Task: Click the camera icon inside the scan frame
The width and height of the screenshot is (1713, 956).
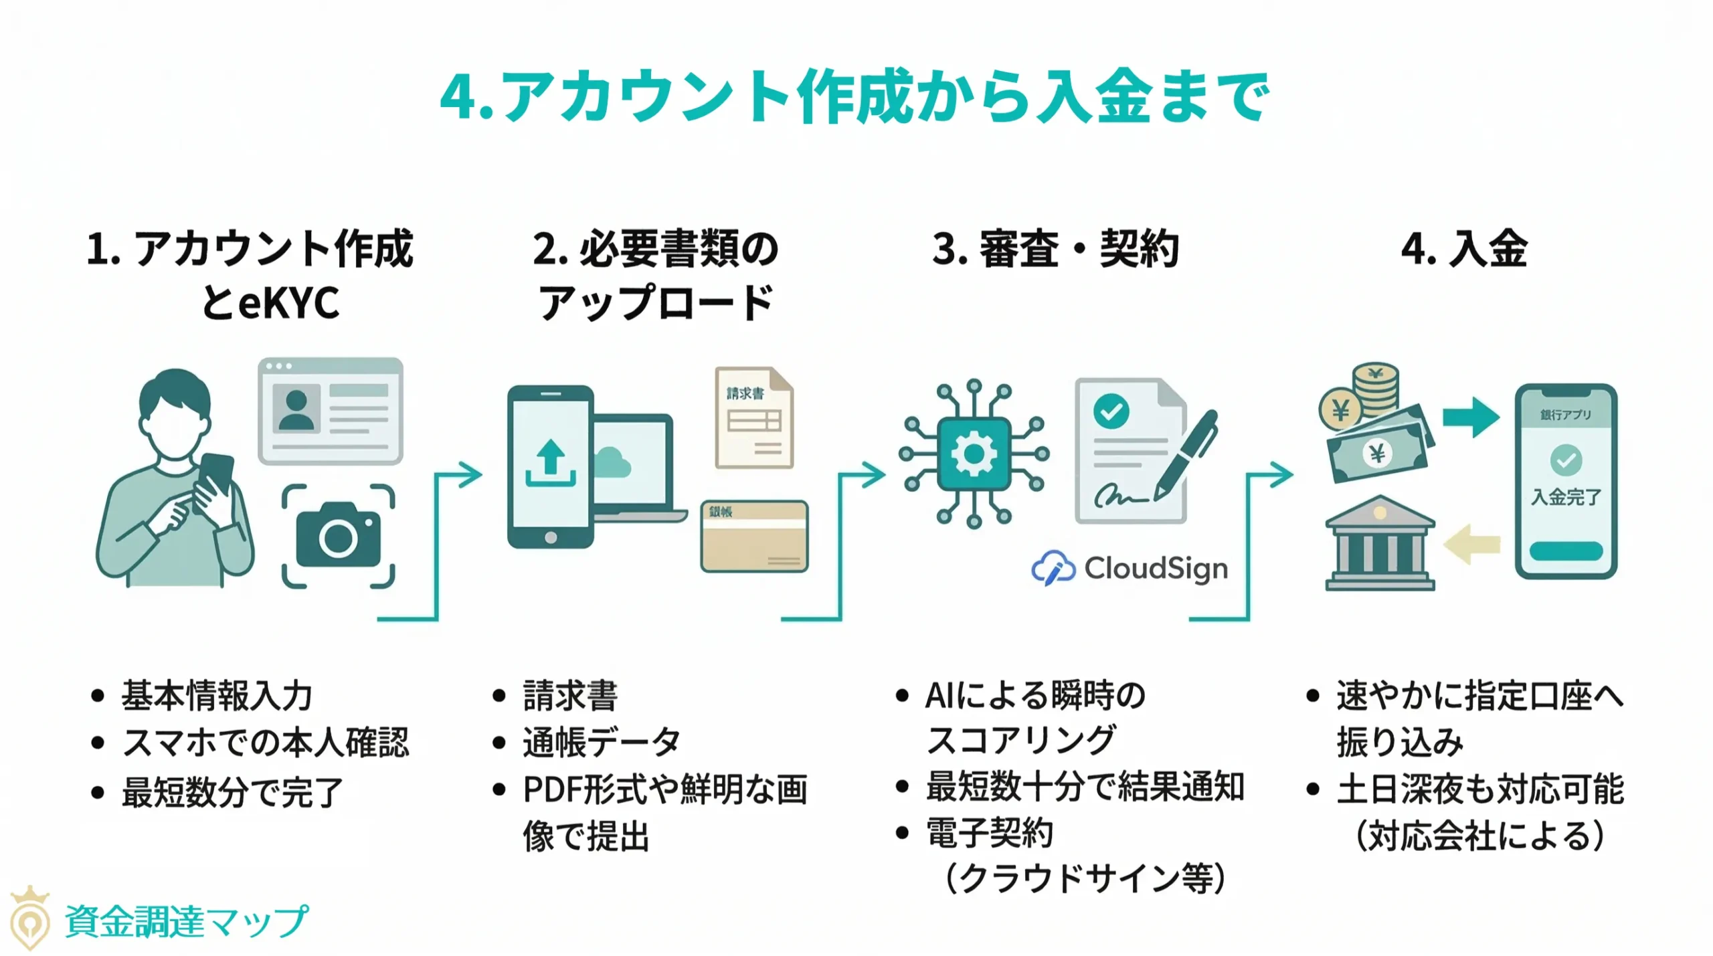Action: click(338, 535)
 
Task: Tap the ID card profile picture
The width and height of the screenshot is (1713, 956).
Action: click(296, 409)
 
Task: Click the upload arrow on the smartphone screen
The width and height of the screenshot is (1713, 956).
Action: click(550, 462)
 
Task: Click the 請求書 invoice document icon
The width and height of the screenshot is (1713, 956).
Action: click(754, 417)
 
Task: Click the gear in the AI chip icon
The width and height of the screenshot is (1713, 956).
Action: click(974, 454)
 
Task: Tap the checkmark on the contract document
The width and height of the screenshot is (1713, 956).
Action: click(1111, 411)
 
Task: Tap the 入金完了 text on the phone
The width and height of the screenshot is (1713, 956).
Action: click(1566, 497)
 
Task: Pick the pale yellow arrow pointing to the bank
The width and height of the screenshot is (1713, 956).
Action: click(1471, 544)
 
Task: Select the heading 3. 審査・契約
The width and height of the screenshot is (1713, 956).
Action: click(1055, 249)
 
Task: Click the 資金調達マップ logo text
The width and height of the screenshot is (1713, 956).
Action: click(186, 922)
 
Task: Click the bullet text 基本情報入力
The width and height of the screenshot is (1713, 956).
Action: click(217, 696)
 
